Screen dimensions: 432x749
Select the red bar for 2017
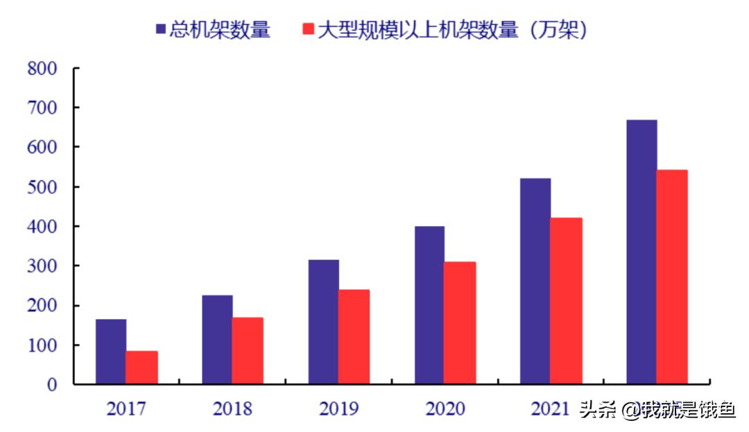142,367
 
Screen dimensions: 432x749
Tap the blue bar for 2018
217,339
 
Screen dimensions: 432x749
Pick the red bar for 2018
248,350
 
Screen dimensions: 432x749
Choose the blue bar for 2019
324,322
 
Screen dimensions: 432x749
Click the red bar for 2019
354,336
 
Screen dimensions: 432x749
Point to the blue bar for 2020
429,304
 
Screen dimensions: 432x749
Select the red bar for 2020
460,322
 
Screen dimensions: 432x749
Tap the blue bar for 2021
535,281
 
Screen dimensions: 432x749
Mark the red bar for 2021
567,300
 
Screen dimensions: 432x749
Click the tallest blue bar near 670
642,252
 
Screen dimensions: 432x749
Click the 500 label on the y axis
42,187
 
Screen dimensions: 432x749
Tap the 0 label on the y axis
52,385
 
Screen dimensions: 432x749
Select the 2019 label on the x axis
339,409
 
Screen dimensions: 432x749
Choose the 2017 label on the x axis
126,409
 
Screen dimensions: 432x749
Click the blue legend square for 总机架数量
160,29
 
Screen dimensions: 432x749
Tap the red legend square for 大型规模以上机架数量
309,29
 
